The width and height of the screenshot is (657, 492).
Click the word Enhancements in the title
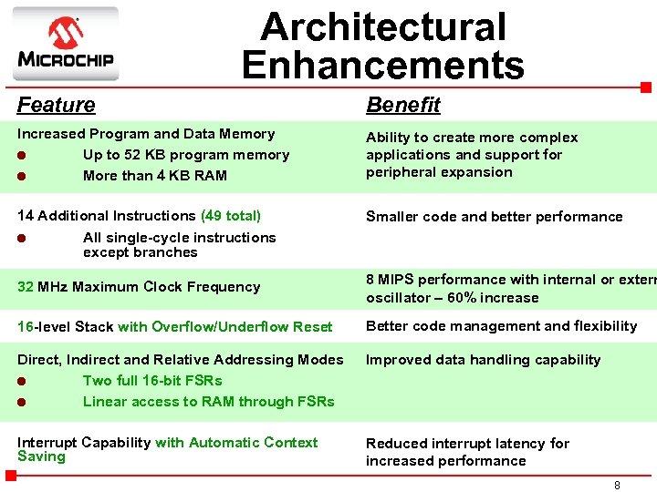click(x=383, y=65)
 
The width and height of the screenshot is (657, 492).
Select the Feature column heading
click(x=56, y=105)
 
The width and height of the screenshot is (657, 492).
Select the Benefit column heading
click(x=402, y=105)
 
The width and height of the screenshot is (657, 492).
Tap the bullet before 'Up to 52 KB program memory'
click(x=23, y=155)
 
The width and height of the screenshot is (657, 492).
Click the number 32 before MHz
click(x=26, y=286)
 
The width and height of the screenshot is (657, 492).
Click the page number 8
click(x=617, y=486)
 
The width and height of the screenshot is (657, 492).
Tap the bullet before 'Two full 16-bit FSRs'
click(x=23, y=381)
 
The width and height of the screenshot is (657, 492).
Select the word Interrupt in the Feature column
click(x=47, y=443)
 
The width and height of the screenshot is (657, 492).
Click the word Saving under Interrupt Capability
click(x=41, y=456)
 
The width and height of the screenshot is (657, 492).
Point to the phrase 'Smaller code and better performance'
click(x=494, y=217)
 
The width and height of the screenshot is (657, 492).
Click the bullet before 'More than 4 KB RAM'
click(x=23, y=176)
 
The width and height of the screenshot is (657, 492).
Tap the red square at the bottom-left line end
click(x=23, y=476)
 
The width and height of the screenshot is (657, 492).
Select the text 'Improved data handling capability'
click(x=483, y=360)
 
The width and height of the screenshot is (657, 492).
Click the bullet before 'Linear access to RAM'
click(x=23, y=402)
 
